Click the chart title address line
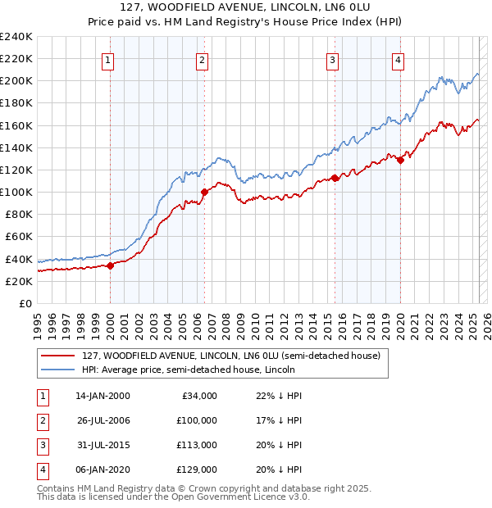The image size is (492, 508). coord(246,7)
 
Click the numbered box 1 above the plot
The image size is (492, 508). coord(109,59)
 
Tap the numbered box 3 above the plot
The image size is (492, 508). coord(332,59)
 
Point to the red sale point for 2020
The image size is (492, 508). coord(400,160)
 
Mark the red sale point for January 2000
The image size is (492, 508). coord(110,265)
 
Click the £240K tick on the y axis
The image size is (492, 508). coord(16,37)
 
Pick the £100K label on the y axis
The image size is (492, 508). coord(16,192)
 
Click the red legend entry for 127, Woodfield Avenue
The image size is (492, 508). coord(230,356)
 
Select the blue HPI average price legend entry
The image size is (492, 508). coord(234,371)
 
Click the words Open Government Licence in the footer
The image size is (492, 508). coord(238,497)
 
